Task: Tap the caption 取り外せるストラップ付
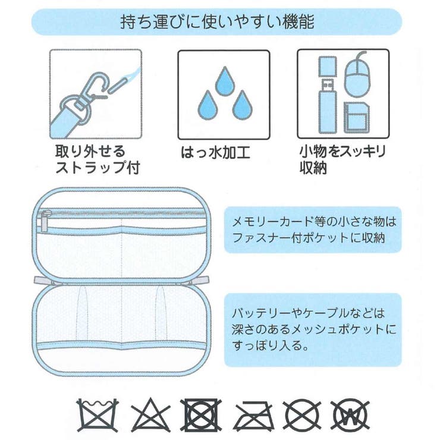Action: point(97,159)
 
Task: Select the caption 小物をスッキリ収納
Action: point(341,159)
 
